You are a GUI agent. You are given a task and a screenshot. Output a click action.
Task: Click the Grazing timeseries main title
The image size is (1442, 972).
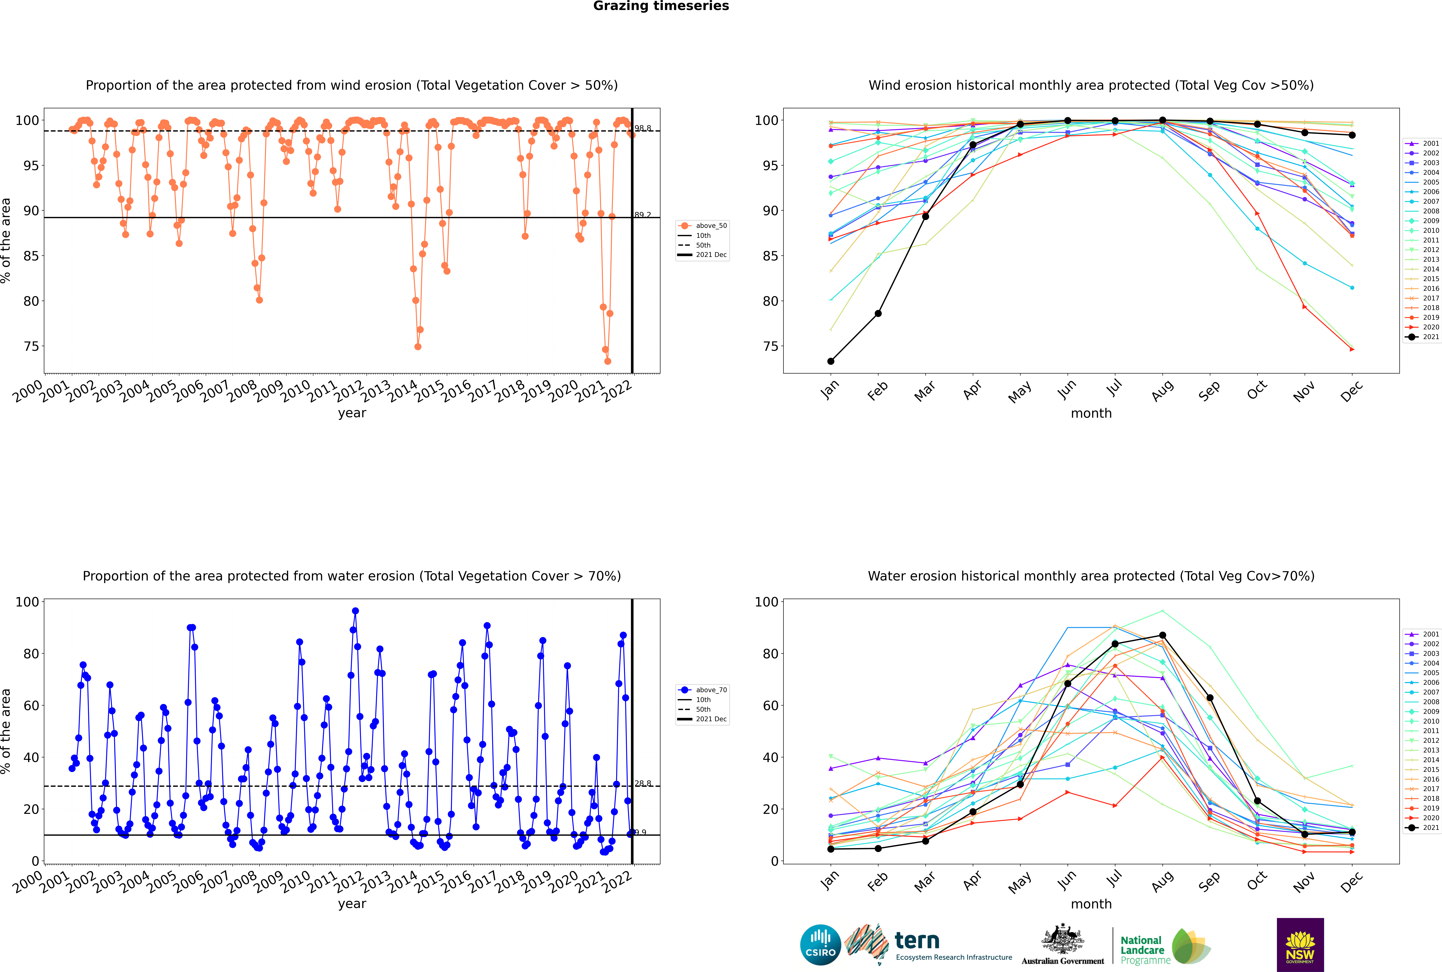(661, 6)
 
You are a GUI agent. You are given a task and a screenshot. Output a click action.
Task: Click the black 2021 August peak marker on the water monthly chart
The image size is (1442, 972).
(1162, 635)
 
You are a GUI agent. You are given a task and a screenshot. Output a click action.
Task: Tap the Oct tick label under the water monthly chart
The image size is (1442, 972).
(1257, 880)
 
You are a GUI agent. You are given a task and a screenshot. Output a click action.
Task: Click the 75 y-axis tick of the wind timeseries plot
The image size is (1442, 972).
(31, 346)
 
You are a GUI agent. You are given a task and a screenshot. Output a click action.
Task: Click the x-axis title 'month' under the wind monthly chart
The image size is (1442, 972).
(1091, 414)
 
